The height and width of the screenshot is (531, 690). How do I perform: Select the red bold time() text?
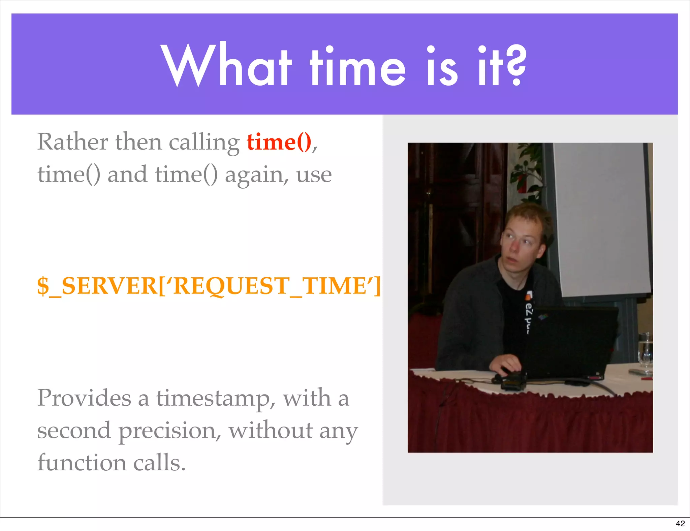pos(279,142)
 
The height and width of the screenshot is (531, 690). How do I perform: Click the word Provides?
pos(84,398)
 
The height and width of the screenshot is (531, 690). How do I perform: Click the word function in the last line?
pos(82,463)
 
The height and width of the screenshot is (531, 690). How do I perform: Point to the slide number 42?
pos(680,523)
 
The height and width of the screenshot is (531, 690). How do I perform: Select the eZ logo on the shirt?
pos(530,312)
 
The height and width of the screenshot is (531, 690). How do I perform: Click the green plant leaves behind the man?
pos(526,168)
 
